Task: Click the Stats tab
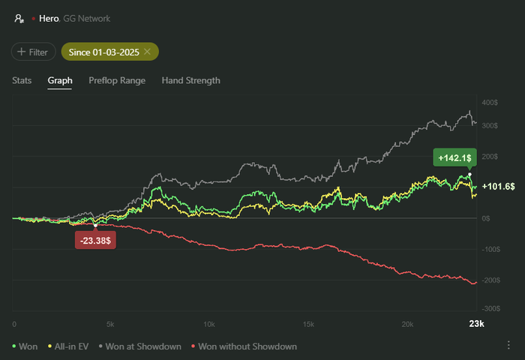click(x=22, y=80)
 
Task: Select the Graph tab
click(x=60, y=80)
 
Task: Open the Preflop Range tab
click(x=117, y=80)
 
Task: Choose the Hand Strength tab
click(x=191, y=80)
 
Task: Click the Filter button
click(x=34, y=52)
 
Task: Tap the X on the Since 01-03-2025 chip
click(x=148, y=52)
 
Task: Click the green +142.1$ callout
click(x=452, y=157)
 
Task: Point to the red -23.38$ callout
click(x=94, y=241)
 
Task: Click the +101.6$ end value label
click(x=498, y=186)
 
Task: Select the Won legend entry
click(x=25, y=346)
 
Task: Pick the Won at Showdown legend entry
click(x=140, y=346)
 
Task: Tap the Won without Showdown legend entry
click(x=244, y=346)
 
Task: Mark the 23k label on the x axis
click(x=476, y=325)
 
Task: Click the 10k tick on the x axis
click(x=209, y=325)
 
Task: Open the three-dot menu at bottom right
click(x=509, y=345)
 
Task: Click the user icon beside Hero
click(x=18, y=18)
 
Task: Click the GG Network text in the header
click(x=86, y=18)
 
